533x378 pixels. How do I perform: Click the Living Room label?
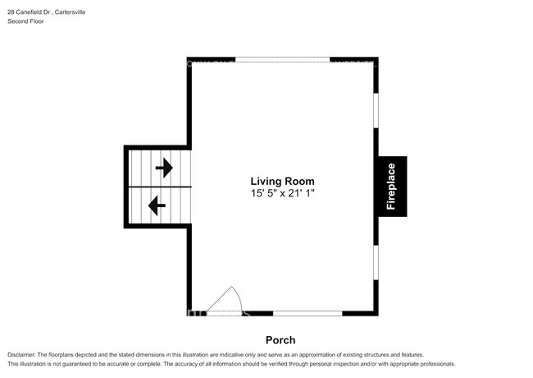click(x=282, y=181)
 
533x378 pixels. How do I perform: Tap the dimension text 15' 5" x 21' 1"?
click(x=282, y=193)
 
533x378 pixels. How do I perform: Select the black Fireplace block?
click(x=391, y=186)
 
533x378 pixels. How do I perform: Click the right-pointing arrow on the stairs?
click(x=164, y=168)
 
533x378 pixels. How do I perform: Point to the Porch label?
click(x=280, y=340)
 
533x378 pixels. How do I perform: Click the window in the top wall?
click(x=283, y=59)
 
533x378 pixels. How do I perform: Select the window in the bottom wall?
click(x=307, y=313)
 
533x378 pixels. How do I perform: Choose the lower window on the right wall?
click(x=376, y=263)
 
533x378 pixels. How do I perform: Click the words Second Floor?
click(x=25, y=21)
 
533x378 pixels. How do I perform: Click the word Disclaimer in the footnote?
click(x=26, y=353)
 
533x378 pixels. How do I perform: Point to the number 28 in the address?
click(x=11, y=11)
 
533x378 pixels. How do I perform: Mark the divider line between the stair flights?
click(x=158, y=187)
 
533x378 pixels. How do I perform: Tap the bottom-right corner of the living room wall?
click(x=376, y=312)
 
